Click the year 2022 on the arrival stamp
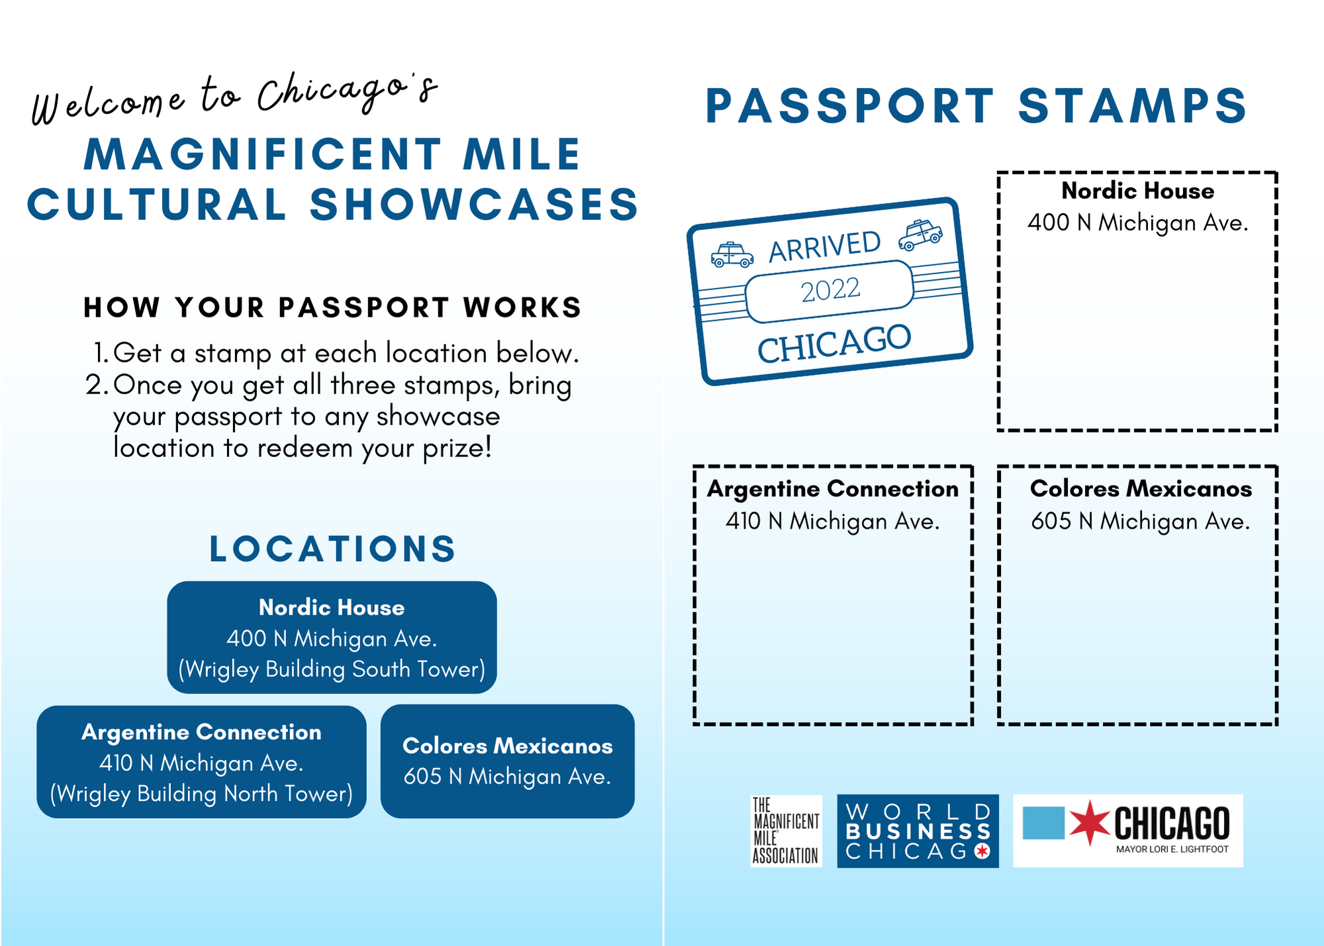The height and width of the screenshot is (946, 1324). coord(830,290)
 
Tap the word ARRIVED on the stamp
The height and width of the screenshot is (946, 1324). coord(825,246)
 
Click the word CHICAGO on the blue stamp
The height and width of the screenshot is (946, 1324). coord(834,344)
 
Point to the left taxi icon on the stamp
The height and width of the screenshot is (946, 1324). coord(732,255)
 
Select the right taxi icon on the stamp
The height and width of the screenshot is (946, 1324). coord(920,235)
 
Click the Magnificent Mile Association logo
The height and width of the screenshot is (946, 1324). coord(786,831)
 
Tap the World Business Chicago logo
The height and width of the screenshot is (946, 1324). coord(918,831)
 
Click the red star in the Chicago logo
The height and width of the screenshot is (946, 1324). coord(1089,822)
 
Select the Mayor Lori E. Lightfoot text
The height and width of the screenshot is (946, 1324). coord(1172,849)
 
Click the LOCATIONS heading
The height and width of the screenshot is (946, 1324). coord(332,549)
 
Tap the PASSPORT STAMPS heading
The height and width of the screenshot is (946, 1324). coord(976,106)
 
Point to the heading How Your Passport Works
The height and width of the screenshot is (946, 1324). coord(332,307)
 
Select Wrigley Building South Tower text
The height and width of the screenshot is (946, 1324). coord(332,669)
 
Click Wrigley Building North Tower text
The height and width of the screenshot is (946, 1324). coord(201,794)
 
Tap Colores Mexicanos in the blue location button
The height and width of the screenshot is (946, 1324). coord(508,746)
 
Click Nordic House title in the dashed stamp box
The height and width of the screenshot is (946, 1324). coord(1138,191)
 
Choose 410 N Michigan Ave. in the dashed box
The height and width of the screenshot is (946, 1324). coord(833,521)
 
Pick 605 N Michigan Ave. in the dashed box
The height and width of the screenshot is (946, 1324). coord(1140,521)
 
